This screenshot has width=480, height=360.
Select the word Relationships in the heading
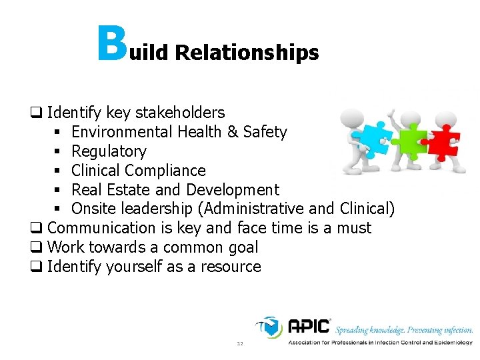pos(247,53)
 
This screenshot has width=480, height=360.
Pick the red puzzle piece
pos(443,141)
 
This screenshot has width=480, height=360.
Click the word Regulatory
pos(109,151)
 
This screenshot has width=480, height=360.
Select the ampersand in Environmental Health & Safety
pos(233,132)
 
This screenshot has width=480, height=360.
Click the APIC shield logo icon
pos(270,327)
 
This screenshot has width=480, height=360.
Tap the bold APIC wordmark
pos(309,327)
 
